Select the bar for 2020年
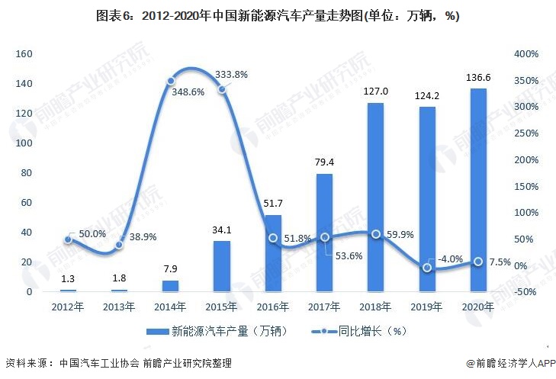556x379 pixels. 478,190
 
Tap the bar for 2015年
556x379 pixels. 221,266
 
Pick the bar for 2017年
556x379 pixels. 324,233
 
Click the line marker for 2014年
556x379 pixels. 171,81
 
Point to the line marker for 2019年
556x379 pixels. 427,268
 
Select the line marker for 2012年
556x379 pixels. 68,239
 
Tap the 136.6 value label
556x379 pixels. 478,78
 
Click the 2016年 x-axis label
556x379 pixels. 273,307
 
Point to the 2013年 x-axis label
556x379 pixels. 119,307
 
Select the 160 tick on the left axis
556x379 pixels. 23,54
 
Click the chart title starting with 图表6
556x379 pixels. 278,16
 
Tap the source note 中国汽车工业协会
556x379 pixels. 95,363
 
